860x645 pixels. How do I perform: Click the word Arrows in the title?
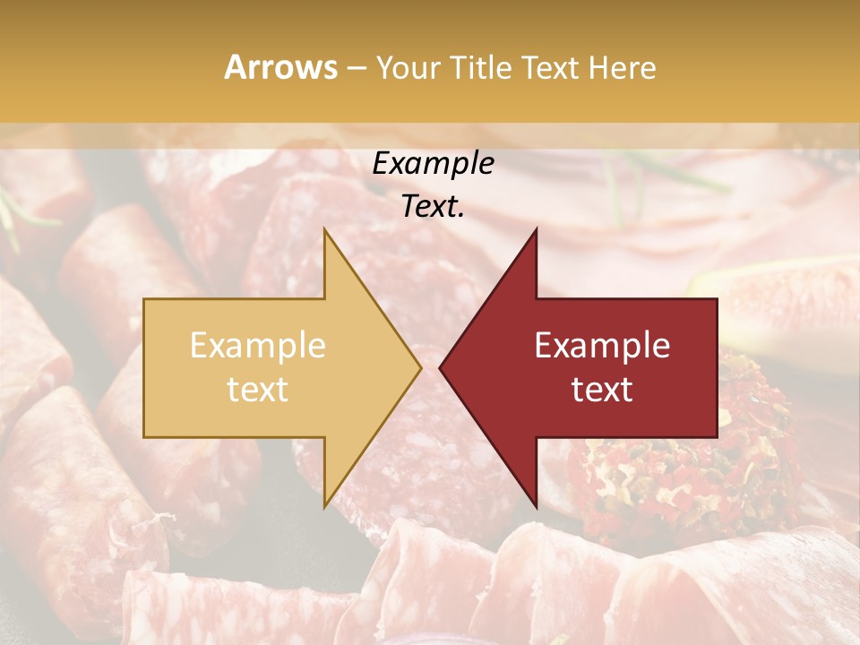[x=281, y=67]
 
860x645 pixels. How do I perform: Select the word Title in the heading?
[x=481, y=68]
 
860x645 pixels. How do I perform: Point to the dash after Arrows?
[x=357, y=68]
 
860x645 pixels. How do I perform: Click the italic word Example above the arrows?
[x=434, y=164]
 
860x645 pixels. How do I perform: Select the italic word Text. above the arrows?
[x=434, y=207]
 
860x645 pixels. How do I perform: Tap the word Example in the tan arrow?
[x=258, y=346]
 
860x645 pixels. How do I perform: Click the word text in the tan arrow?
[x=258, y=390]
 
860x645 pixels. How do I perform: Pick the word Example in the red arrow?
[x=602, y=346]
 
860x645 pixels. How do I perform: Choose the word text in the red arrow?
[x=602, y=390]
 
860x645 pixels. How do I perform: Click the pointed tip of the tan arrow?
[x=419, y=367]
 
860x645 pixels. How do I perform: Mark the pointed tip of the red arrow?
[x=441, y=367]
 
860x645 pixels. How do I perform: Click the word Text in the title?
[x=549, y=68]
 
